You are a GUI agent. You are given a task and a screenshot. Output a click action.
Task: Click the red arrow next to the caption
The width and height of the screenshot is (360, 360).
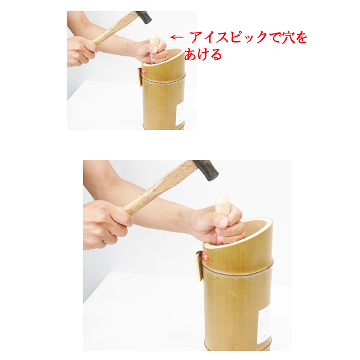(x=177, y=37)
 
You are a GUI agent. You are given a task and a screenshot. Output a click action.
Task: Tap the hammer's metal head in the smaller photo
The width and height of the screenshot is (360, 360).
(x=143, y=17)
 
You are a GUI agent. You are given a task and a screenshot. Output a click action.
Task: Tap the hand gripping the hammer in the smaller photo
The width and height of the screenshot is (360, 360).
(x=81, y=50)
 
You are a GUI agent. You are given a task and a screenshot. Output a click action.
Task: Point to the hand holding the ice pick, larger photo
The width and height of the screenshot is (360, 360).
(x=216, y=224)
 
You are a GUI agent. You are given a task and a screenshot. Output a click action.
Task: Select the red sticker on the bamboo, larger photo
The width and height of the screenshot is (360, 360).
(x=206, y=257)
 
